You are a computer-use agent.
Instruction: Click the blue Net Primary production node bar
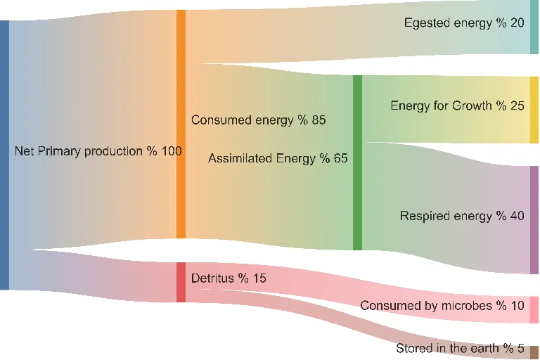point(4,155)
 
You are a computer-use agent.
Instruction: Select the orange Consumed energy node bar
point(181,124)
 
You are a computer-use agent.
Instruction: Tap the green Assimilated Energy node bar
point(357,162)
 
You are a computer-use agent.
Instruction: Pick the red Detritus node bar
point(181,282)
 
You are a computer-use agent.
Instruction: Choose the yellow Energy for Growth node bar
point(534,110)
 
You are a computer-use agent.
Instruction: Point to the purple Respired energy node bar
point(534,220)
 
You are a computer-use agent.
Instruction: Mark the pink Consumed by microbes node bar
point(534,309)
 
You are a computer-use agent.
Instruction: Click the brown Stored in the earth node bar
point(534,352)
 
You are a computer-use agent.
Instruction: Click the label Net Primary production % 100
point(98,151)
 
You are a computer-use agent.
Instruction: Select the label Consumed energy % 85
point(258,120)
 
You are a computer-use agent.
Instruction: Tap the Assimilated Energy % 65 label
point(278,158)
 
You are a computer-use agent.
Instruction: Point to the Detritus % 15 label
point(229,278)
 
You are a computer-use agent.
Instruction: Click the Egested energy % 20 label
point(463,23)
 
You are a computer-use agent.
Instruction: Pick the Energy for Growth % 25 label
point(457,106)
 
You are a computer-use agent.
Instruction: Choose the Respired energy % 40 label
point(462,216)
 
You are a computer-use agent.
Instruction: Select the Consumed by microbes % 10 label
point(442,306)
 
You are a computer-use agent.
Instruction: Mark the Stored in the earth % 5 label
point(460,348)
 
